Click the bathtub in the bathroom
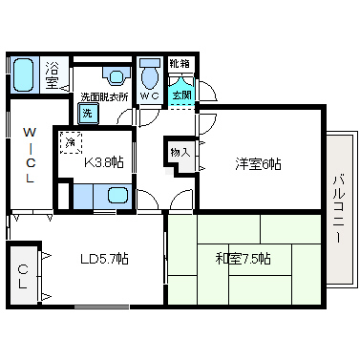click(x=23, y=74)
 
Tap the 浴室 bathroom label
click(x=51, y=74)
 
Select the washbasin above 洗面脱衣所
click(x=116, y=76)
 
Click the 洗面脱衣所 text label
click(x=104, y=96)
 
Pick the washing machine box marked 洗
click(x=88, y=113)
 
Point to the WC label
click(x=150, y=95)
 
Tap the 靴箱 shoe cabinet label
click(x=179, y=64)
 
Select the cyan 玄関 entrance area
click(x=181, y=93)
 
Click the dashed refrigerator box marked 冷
click(x=71, y=142)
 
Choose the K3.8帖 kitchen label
click(x=103, y=163)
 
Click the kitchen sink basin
click(x=117, y=195)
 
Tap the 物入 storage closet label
click(x=180, y=152)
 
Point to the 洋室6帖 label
click(x=258, y=164)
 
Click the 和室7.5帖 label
click(x=243, y=259)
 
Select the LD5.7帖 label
click(x=104, y=259)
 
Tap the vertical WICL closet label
click(x=30, y=155)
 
